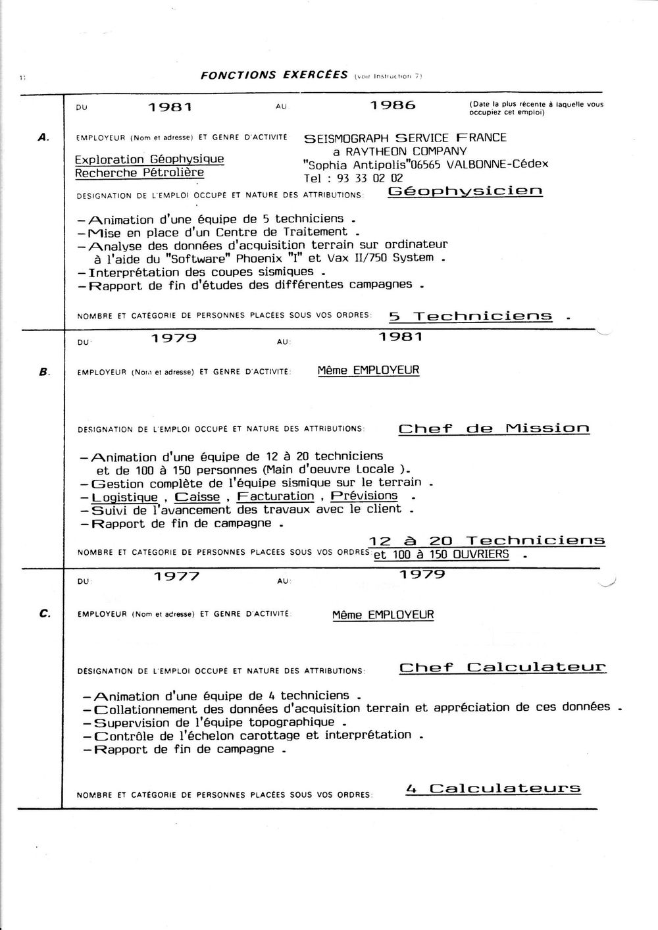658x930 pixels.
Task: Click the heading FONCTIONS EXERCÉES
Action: tap(274, 74)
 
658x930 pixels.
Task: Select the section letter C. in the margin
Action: tap(44, 613)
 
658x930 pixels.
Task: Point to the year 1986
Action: tap(393, 105)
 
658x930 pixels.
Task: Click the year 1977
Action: tap(176, 577)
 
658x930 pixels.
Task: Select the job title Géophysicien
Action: tap(465, 192)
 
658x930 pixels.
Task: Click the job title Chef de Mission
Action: tap(493, 428)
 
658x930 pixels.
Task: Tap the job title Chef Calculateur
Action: tap(503, 667)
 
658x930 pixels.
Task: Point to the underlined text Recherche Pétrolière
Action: tap(139, 172)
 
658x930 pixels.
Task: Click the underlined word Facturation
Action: tap(276, 496)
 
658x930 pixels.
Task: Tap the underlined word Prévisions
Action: tap(364, 496)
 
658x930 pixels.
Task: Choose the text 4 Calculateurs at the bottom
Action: tap(493, 788)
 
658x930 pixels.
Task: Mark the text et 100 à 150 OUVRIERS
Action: tap(441, 554)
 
